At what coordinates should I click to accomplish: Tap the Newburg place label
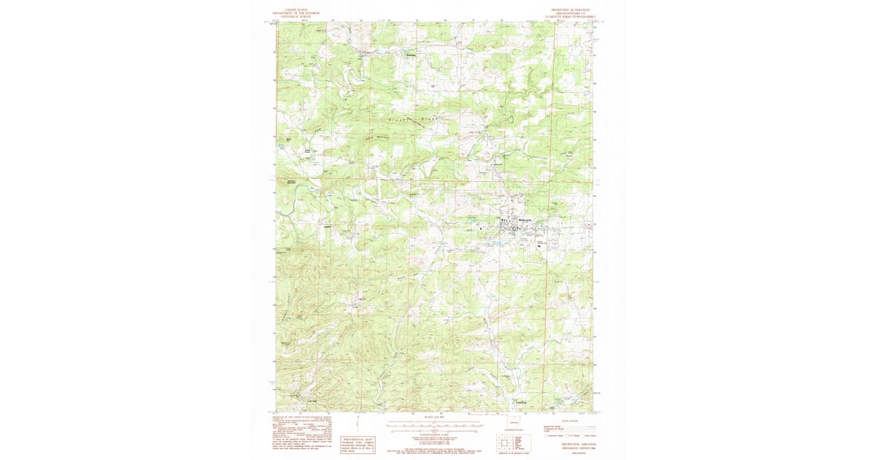(x=411, y=53)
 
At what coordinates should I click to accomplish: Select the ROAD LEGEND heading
(x=569, y=421)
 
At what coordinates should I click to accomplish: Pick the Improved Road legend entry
(x=553, y=426)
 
